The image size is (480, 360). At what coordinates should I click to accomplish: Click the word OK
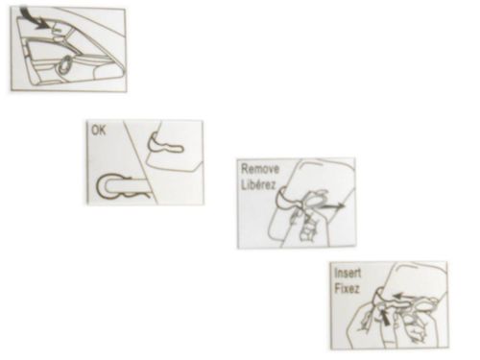click(x=98, y=131)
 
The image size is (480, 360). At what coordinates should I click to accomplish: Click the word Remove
click(x=260, y=169)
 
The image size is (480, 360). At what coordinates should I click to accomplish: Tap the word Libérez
click(x=258, y=185)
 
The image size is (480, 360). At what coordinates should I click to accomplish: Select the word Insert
click(x=348, y=274)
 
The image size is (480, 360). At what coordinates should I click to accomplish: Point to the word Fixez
click(x=347, y=289)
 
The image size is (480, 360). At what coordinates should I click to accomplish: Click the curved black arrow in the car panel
click(x=36, y=18)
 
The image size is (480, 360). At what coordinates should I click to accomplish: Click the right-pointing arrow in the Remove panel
click(x=333, y=206)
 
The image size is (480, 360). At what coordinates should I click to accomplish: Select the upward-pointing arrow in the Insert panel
click(x=385, y=317)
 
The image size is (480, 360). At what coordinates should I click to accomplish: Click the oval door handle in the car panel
click(x=65, y=65)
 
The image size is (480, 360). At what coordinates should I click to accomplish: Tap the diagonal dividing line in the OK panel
click(x=141, y=162)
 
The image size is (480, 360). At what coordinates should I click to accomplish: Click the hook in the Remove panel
click(x=286, y=203)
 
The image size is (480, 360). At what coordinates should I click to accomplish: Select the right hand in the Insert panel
click(x=416, y=317)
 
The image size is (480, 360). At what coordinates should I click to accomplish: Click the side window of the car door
click(x=53, y=50)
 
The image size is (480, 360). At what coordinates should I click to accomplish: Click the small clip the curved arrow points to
click(x=58, y=30)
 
